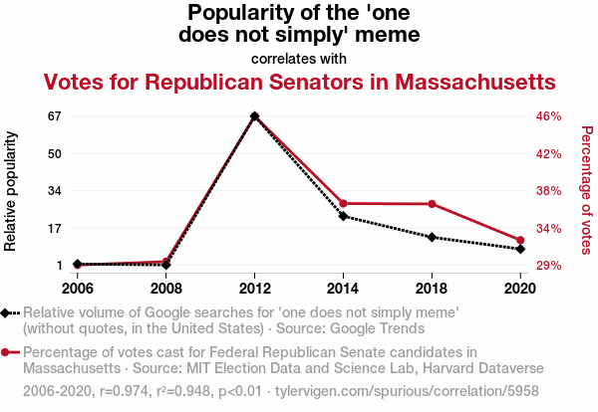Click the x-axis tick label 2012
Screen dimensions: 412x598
255,289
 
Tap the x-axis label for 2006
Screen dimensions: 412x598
78,289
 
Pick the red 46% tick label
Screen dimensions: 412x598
549,115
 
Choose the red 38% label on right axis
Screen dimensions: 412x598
549,191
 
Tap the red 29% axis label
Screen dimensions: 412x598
549,266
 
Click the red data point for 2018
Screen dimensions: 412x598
432,204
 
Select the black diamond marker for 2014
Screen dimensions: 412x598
343,216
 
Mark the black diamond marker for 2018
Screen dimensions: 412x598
432,237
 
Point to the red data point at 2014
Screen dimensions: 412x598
343,203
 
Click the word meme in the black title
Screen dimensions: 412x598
384,35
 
